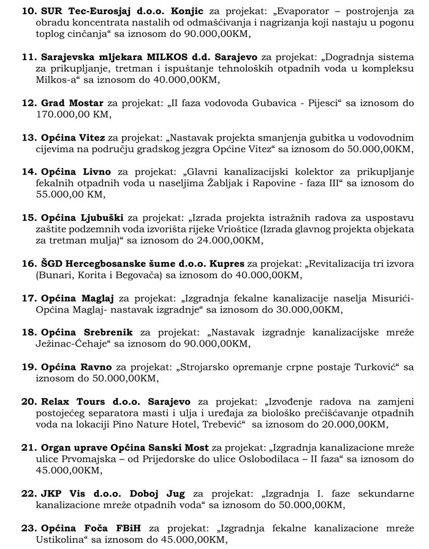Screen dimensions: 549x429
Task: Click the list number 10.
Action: pyautogui.click(x=29, y=12)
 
